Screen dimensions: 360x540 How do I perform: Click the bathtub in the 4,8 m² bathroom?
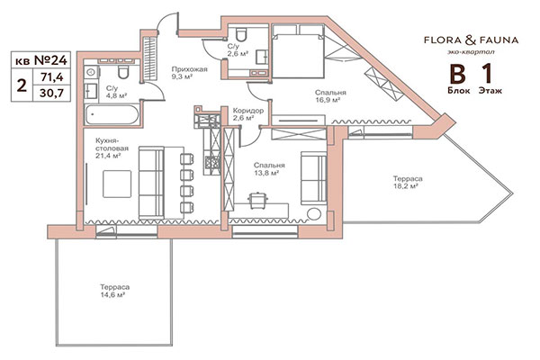pos(111,115)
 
